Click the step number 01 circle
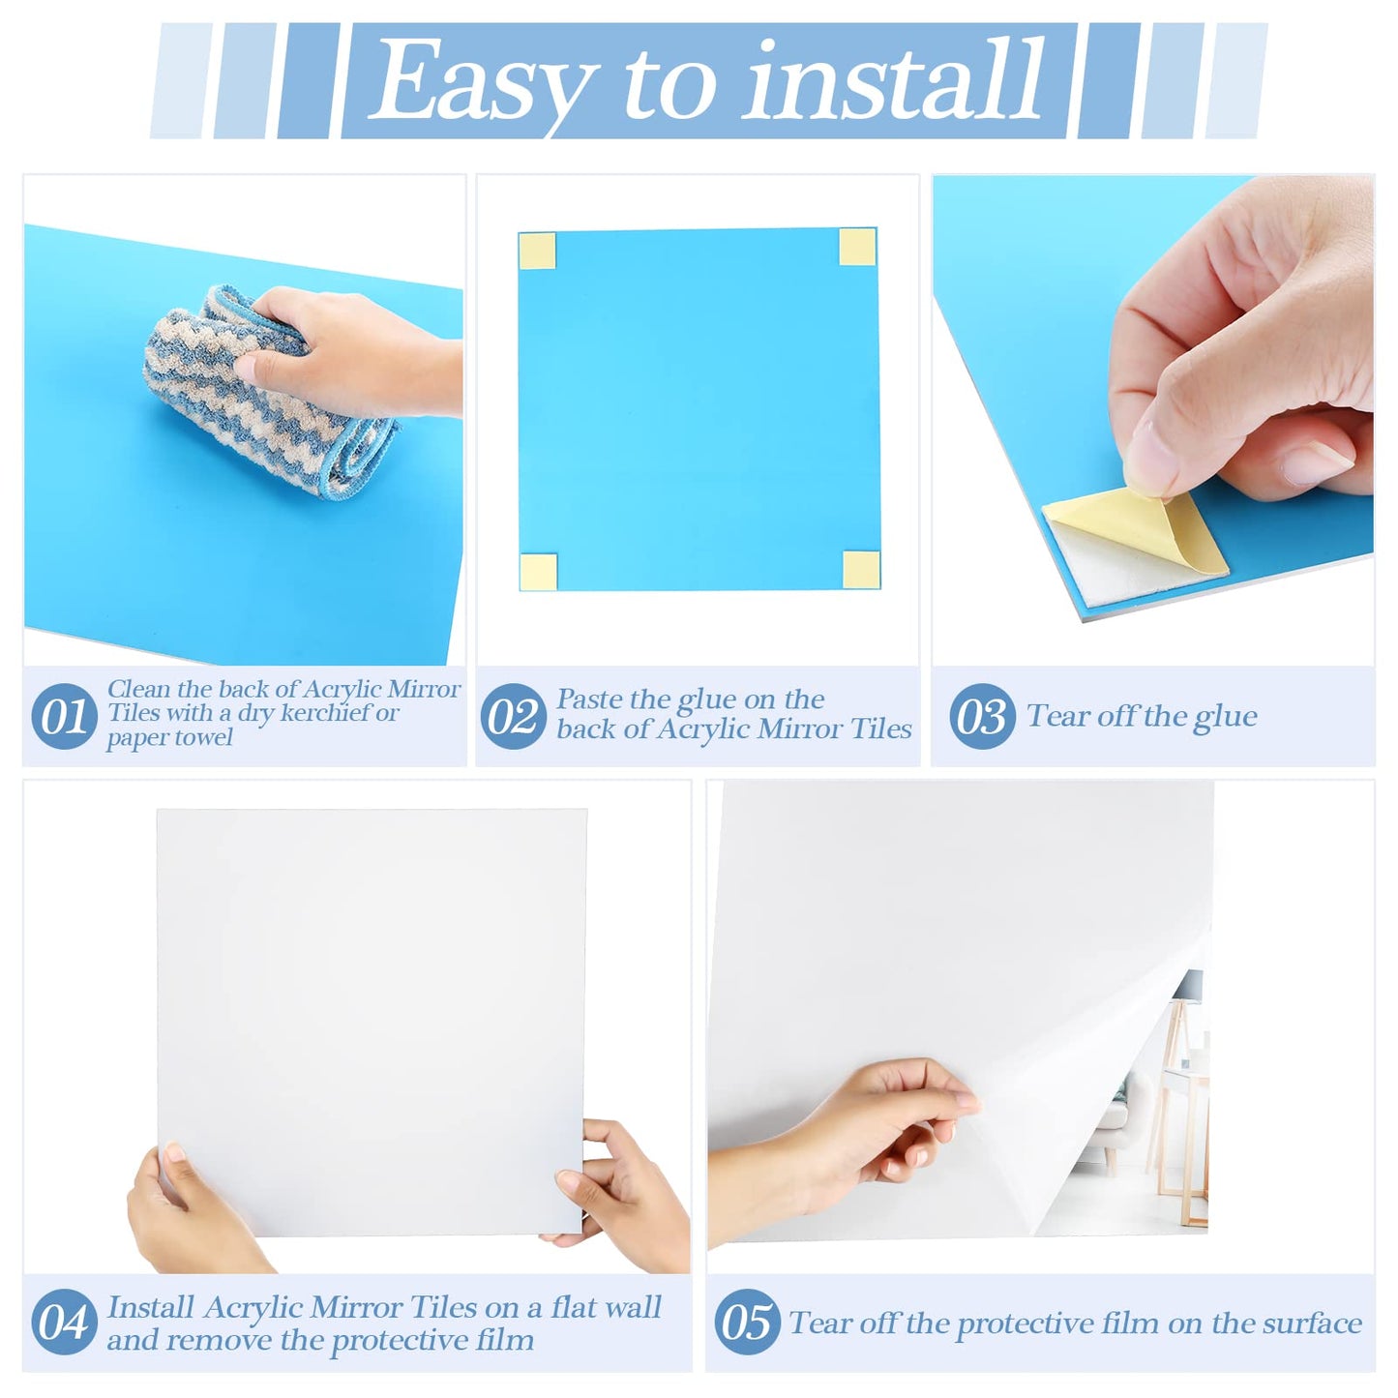(x=64, y=716)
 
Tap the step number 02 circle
(x=513, y=716)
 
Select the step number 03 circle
(x=982, y=716)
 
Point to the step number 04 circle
(x=64, y=1322)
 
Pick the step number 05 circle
(x=747, y=1322)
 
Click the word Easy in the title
(x=481, y=82)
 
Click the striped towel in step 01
(x=261, y=397)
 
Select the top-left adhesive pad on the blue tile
(x=537, y=252)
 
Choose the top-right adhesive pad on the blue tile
(x=857, y=247)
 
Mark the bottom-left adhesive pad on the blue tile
(x=538, y=572)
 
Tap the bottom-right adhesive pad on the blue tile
(x=860, y=569)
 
